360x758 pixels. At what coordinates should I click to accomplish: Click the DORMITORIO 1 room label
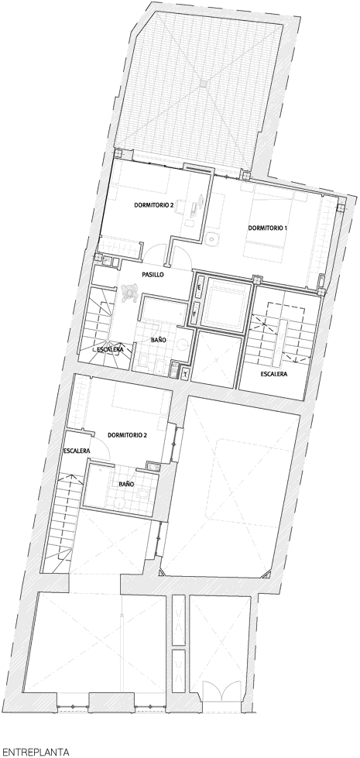[265, 228]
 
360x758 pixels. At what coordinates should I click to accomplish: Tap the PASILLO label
[153, 274]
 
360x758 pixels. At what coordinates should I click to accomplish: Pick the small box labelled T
[187, 372]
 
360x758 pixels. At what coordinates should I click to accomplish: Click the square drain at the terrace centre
[203, 84]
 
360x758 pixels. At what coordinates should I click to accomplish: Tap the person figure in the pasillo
[130, 292]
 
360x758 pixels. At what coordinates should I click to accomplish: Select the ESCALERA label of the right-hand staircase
[274, 374]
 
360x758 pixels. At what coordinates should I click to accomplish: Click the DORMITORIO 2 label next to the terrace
[153, 205]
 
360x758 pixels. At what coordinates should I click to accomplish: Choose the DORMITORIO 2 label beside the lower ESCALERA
[127, 434]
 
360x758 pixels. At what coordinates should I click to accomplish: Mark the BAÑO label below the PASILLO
[159, 340]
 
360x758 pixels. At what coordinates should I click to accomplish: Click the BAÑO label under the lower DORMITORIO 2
[126, 483]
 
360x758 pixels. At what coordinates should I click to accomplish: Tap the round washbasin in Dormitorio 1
[211, 238]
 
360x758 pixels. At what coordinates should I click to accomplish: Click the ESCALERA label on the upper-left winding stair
[110, 349]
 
